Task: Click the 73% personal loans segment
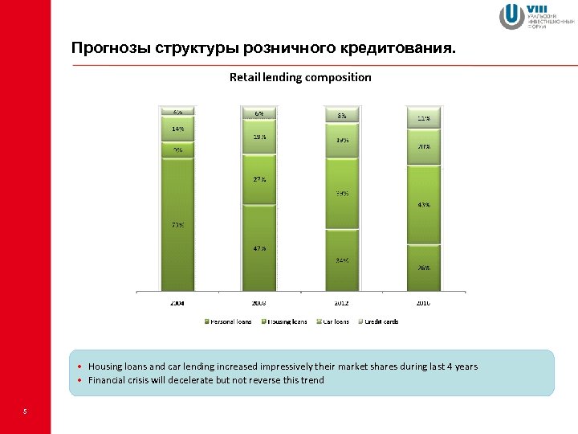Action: [x=177, y=225]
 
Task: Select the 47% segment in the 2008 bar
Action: [x=259, y=248]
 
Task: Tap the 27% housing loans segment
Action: [x=259, y=178]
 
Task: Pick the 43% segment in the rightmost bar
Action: [x=423, y=204]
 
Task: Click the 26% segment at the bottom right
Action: [x=423, y=267]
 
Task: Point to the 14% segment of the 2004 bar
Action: [x=177, y=129]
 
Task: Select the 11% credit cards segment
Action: [x=423, y=118]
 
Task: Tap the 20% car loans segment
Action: [x=423, y=147]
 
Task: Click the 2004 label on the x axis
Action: [x=177, y=303]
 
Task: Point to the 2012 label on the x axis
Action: [x=341, y=303]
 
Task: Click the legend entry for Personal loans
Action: [x=229, y=321]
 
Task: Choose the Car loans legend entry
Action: [x=333, y=321]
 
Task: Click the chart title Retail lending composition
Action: [x=300, y=77]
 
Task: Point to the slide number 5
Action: [x=25, y=412]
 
